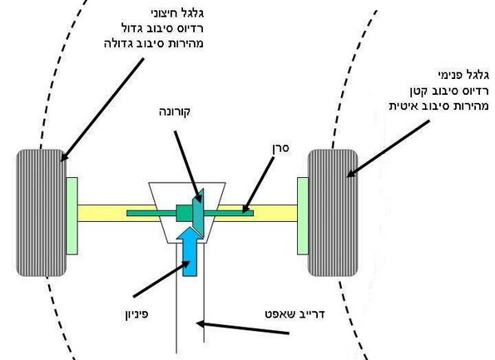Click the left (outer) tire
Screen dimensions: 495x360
click(42, 213)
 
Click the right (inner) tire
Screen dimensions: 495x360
click(333, 213)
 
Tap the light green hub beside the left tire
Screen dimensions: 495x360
click(72, 216)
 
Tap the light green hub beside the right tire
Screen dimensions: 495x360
click(303, 216)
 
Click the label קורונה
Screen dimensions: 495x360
click(175, 112)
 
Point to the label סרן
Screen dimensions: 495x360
click(280, 148)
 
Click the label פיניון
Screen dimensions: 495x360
click(136, 314)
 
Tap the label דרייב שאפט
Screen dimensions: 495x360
click(295, 314)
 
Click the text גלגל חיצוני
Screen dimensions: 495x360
click(177, 13)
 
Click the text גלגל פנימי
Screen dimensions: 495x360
click(463, 75)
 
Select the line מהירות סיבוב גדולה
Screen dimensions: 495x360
click(154, 43)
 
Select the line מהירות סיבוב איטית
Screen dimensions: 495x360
click(438, 106)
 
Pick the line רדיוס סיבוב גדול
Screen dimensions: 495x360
click(162, 28)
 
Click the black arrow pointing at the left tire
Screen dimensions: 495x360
click(102, 110)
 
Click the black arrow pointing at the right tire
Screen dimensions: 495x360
click(388, 149)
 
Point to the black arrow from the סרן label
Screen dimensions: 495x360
click(258, 185)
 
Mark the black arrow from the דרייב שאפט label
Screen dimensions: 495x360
click(242, 328)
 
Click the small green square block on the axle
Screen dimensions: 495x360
click(185, 214)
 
